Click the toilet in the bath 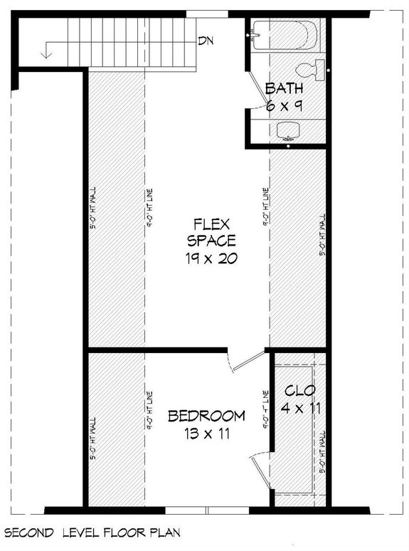point(310,69)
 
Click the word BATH point(285,89)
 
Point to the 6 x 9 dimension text point(285,106)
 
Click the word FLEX point(211,223)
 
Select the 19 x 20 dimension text point(211,258)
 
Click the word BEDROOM point(206,416)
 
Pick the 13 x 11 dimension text point(206,434)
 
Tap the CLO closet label point(299,391)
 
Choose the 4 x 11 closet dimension point(299,409)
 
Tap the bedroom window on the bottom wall point(207,510)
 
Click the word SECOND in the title point(28,532)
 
